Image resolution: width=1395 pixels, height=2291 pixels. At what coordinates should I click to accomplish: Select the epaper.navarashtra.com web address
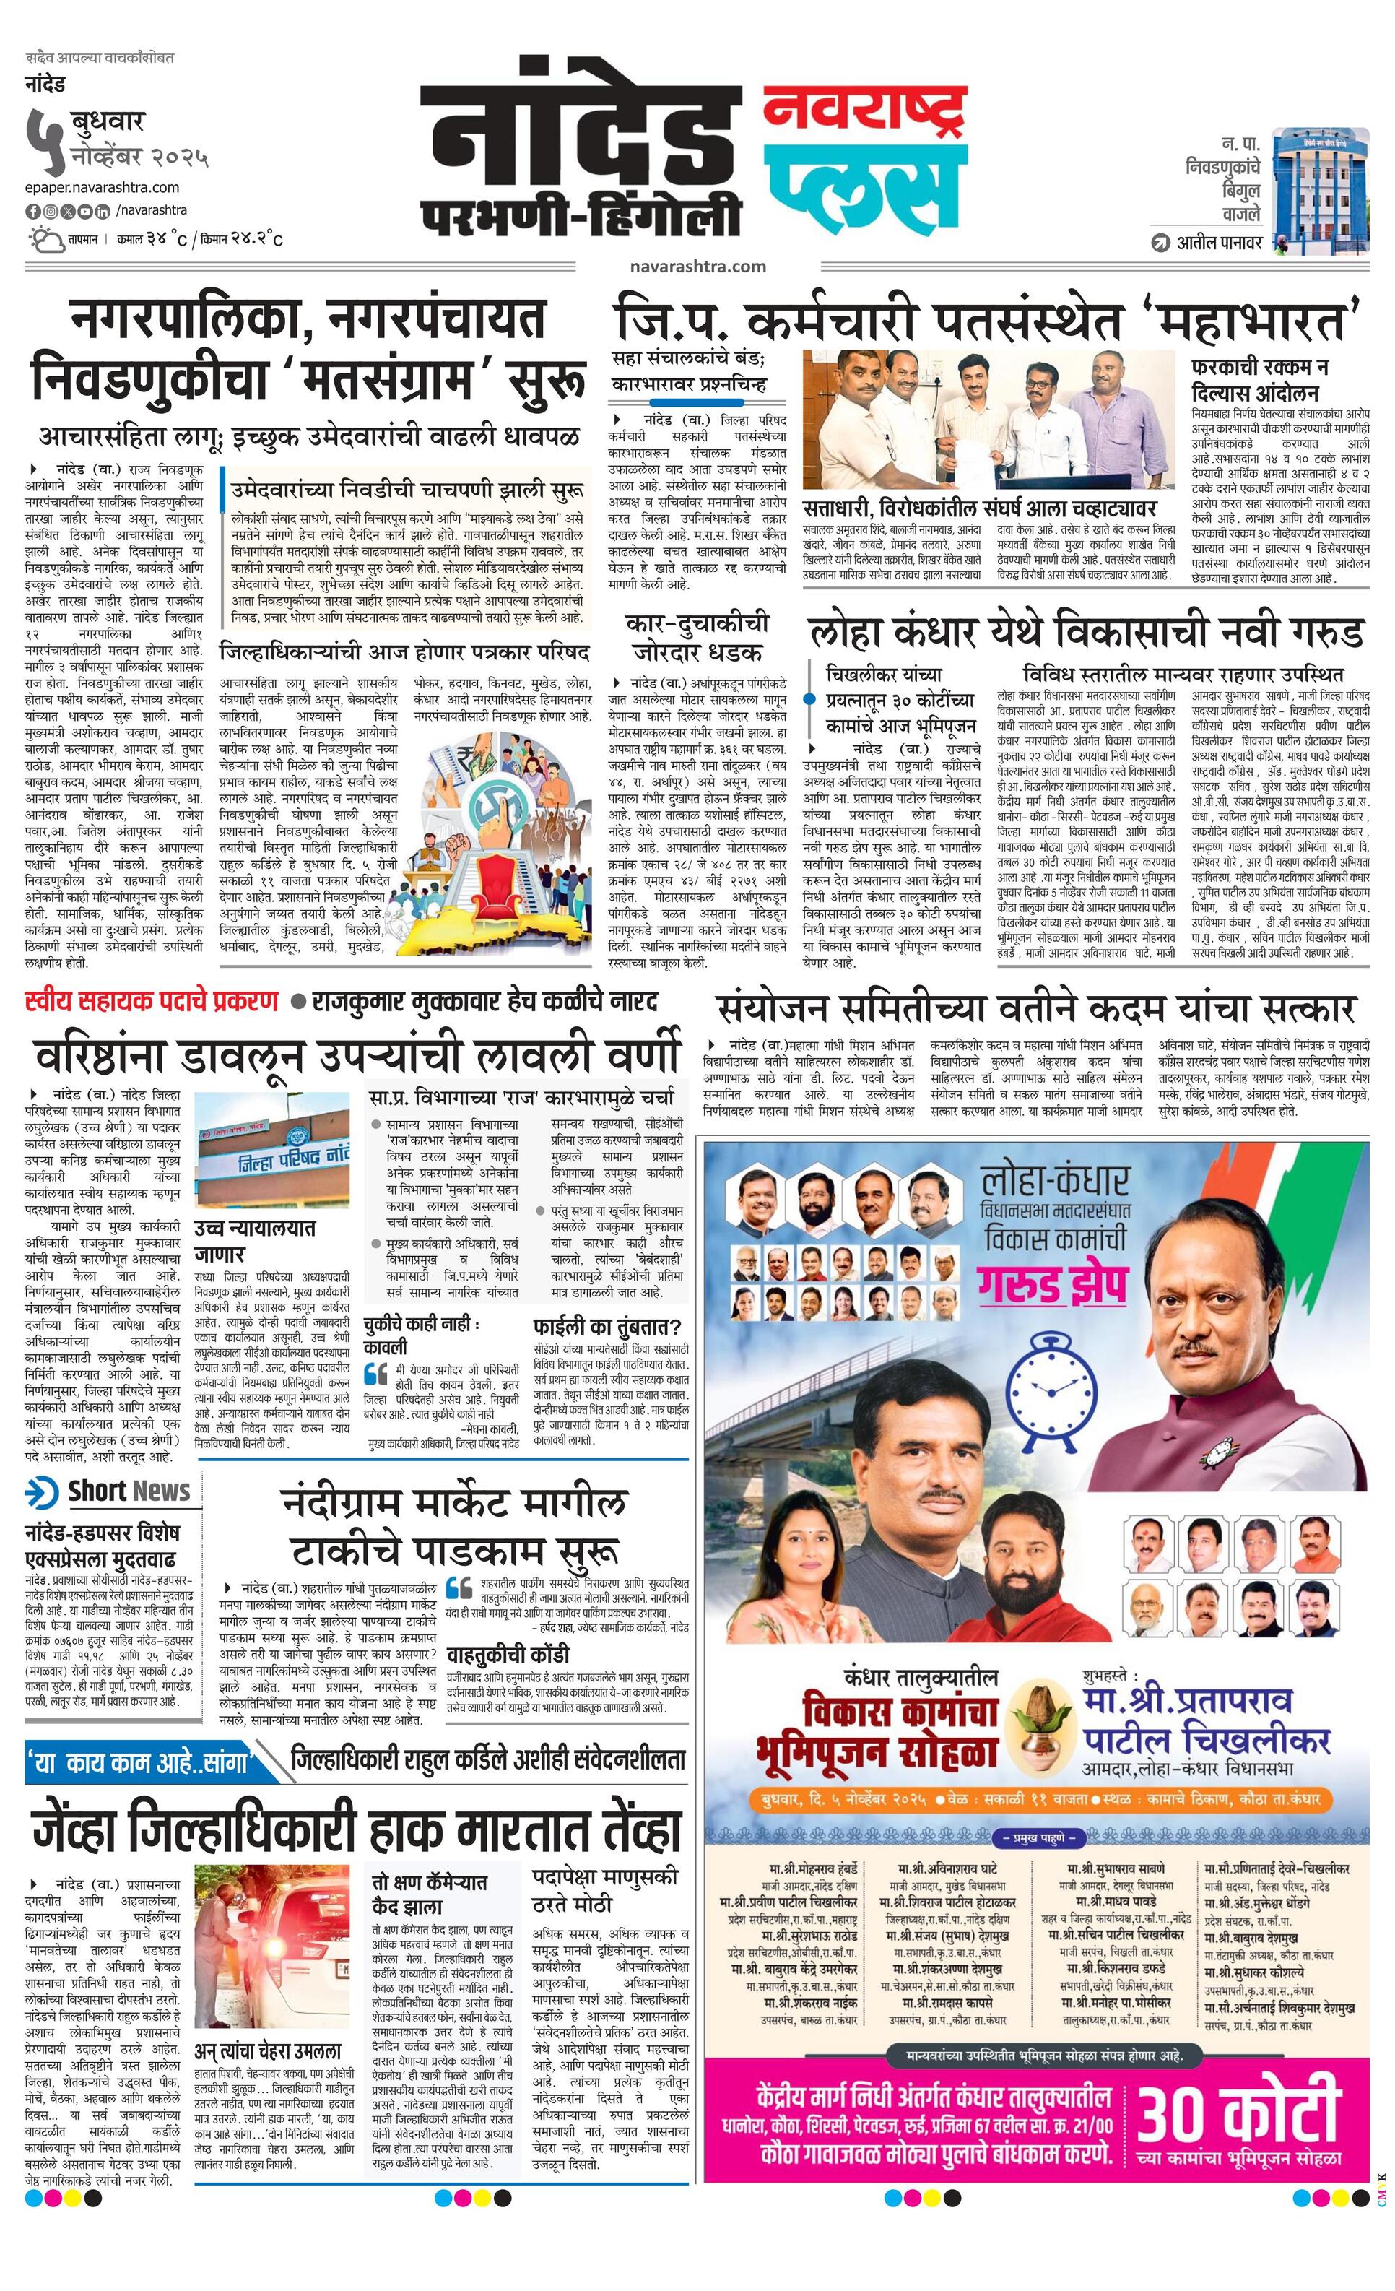tap(103, 187)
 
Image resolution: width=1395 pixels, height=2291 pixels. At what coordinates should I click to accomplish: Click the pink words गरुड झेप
tap(1052, 1288)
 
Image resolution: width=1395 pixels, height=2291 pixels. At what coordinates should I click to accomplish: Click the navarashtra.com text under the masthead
tap(697, 266)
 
